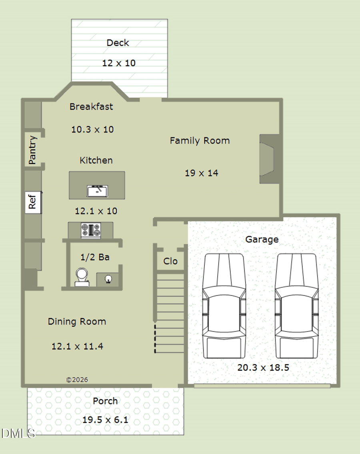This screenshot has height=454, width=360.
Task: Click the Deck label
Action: coord(118,43)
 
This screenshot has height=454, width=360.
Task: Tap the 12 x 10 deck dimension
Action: coord(119,63)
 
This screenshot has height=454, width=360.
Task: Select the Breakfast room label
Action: coord(91,107)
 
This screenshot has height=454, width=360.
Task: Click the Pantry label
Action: coord(32,150)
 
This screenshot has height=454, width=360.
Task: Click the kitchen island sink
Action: coord(97,191)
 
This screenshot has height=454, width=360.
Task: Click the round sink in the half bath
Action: coord(108,279)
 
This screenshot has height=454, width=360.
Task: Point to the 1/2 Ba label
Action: coord(95,257)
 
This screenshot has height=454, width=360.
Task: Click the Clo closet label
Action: coord(170,261)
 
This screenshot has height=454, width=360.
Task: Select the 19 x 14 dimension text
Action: coord(201,173)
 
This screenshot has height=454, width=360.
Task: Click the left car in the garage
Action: coord(224,306)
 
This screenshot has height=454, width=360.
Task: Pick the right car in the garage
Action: coord(296,306)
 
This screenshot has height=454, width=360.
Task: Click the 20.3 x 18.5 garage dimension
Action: coord(263,368)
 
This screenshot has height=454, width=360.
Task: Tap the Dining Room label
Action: coord(77,322)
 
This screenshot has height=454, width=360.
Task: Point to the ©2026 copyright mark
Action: coord(77,380)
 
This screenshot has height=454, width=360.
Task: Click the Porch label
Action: coord(105,401)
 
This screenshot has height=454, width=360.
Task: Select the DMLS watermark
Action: coord(18,433)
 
